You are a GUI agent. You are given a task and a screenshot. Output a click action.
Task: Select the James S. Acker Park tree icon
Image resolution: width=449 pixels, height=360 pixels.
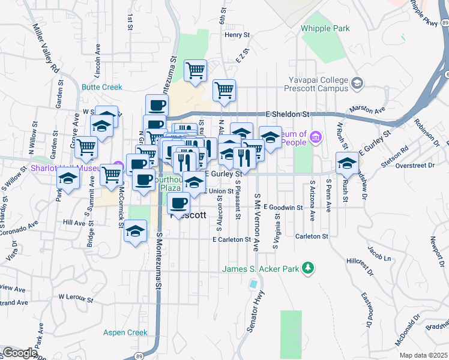point(308,268)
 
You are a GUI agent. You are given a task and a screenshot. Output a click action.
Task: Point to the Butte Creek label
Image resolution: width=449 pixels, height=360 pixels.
point(102,87)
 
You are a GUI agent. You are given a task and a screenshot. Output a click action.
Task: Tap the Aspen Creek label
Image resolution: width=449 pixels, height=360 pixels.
point(125,332)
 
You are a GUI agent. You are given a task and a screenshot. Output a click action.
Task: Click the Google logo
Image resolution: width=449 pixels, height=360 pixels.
point(20,353)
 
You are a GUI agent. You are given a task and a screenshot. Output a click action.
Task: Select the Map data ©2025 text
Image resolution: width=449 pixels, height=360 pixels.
point(423,355)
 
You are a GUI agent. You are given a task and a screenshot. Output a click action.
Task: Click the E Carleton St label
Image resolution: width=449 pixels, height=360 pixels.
point(231,239)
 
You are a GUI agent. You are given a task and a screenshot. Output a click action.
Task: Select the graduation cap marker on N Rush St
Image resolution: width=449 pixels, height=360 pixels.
point(347,162)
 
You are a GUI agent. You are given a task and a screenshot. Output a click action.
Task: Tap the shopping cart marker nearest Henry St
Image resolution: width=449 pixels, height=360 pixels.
point(196,70)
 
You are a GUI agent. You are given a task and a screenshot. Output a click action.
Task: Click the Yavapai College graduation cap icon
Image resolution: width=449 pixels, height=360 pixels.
point(358,82)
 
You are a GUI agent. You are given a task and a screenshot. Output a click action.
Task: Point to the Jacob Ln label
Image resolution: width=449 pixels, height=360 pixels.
point(379,258)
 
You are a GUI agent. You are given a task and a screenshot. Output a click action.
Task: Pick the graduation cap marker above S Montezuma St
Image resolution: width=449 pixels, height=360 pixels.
point(136,231)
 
